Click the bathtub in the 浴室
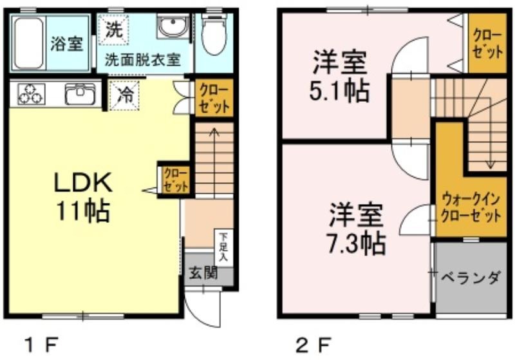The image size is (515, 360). tap(29, 43)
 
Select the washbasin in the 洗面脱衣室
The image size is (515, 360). tap(172, 26)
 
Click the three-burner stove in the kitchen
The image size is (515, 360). tap(31, 94)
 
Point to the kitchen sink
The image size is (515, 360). tap(80, 94)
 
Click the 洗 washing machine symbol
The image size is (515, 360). tap(114, 30)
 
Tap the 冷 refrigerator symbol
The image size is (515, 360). tap(125, 95)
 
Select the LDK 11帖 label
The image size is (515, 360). tap(83, 198)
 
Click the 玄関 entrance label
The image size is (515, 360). tap(203, 272)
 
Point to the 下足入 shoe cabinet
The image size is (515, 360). tap(223, 247)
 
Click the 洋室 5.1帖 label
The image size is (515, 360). tap(340, 76)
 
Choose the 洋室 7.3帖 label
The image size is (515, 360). tap(357, 229)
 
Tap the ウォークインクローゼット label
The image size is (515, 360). tap(471, 208)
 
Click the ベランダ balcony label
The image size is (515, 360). tap(471, 278)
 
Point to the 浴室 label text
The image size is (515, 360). tap(67, 44)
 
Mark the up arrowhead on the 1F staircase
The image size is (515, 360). tap(214, 131)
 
